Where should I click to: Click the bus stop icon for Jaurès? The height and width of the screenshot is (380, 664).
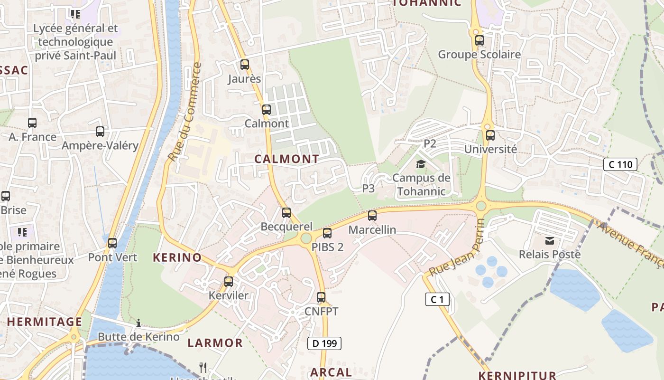click(x=245, y=65)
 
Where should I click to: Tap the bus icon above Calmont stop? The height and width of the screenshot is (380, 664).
click(x=267, y=110)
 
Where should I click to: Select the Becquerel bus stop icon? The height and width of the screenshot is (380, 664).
click(x=286, y=212)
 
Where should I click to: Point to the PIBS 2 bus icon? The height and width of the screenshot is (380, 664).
click(x=327, y=233)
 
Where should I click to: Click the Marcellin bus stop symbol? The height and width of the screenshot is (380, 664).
click(x=372, y=216)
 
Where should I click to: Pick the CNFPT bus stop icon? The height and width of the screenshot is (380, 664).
click(x=321, y=297)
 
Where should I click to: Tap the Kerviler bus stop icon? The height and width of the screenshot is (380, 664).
click(x=229, y=281)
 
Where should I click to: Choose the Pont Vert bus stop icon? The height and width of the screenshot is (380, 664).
click(x=112, y=243)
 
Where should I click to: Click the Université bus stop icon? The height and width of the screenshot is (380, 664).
click(x=490, y=135)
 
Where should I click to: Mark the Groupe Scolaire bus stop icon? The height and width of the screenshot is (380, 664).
click(x=480, y=40)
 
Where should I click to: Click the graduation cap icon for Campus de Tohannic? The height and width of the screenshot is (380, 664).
click(x=421, y=164)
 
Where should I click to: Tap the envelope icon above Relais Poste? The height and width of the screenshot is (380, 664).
click(x=550, y=241)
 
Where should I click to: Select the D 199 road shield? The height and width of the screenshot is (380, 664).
click(x=324, y=343)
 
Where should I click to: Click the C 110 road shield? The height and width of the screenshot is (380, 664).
click(x=620, y=165)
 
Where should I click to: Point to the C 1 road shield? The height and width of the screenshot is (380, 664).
click(x=437, y=299)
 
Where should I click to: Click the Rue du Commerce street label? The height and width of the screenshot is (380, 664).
click(x=185, y=112)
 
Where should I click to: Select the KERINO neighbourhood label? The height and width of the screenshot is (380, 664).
click(x=177, y=258)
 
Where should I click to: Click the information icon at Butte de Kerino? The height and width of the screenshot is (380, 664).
click(x=138, y=323)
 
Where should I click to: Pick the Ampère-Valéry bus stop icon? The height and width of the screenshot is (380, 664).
click(x=100, y=132)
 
